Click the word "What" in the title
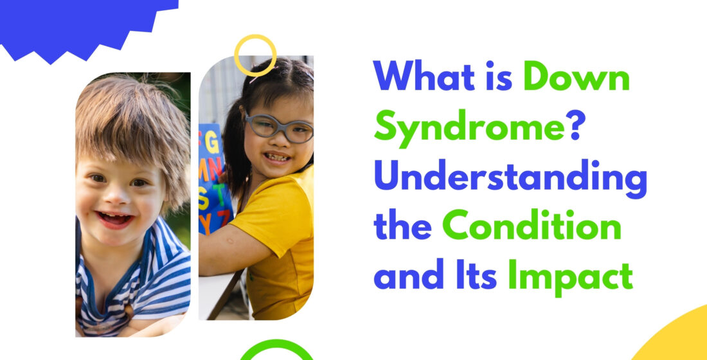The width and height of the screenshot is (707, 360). click(x=424, y=76)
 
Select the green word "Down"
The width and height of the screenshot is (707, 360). click(x=577, y=76)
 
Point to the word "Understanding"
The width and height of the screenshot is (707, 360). click(x=510, y=179)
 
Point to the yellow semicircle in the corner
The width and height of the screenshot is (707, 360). click(x=676, y=336)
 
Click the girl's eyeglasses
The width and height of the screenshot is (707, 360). click(x=279, y=128)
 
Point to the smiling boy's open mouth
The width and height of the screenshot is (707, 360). click(x=114, y=219)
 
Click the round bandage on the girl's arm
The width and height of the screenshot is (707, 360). click(x=229, y=240)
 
